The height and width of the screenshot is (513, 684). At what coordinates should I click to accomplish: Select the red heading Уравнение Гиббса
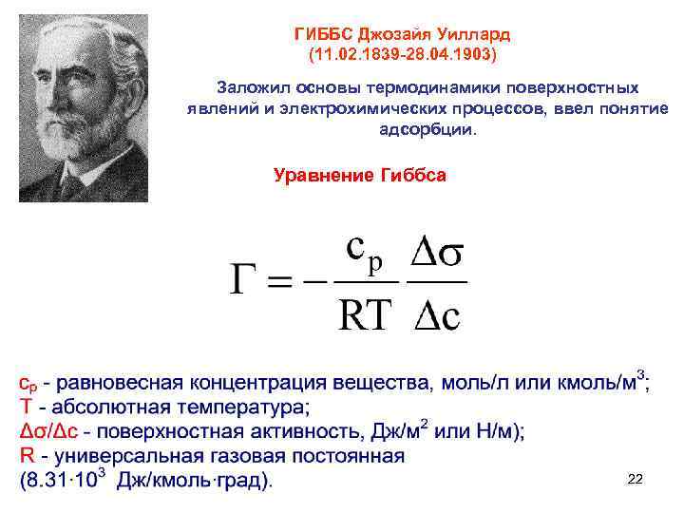[359, 176]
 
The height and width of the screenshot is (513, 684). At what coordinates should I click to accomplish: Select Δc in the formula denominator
[436, 314]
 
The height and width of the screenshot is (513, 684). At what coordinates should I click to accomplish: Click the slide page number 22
[636, 480]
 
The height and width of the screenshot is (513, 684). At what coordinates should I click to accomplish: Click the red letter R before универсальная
[27, 456]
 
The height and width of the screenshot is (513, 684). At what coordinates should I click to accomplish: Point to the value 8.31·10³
[66, 480]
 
